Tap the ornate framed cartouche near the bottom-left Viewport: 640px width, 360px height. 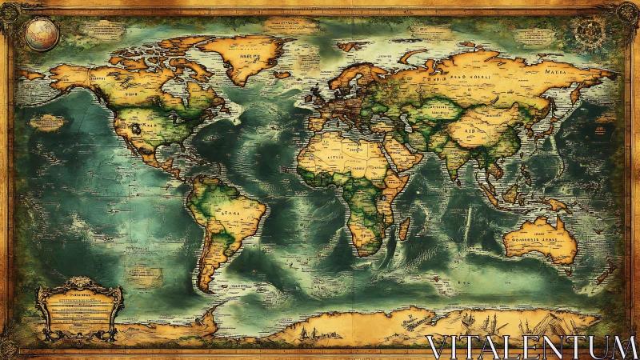[x=78, y=308]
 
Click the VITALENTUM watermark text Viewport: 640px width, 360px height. [x=531, y=346]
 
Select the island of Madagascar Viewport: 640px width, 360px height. [x=404, y=229]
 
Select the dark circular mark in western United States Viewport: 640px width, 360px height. [x=137, y=127]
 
